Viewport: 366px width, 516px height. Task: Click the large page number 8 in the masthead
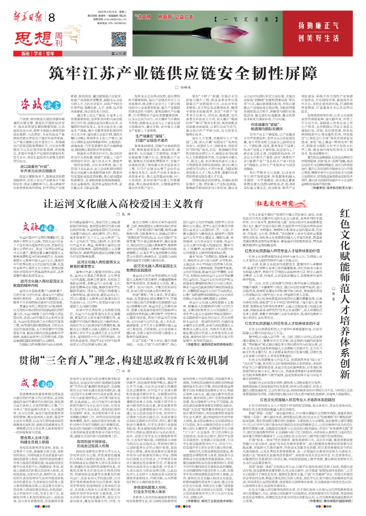pos(52,17)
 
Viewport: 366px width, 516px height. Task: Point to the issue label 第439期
pos(119,54)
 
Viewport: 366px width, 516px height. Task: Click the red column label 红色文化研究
pos(275,204)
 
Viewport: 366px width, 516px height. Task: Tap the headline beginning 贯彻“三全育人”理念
pos(123,360)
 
